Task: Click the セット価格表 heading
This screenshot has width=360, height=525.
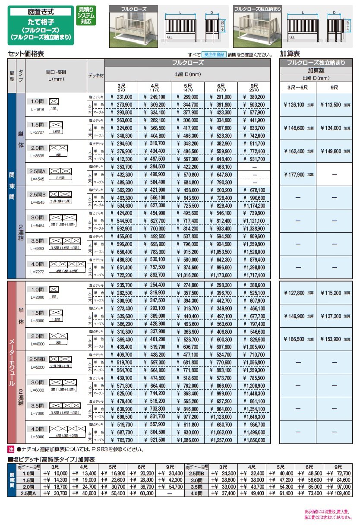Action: coord(26,54)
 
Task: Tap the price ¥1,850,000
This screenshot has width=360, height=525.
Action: coord(255,440)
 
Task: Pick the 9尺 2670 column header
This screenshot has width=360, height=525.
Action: coord(255,87)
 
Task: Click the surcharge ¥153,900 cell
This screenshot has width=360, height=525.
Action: coord(334,339)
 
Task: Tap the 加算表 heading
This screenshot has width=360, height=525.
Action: coord(290,54)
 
